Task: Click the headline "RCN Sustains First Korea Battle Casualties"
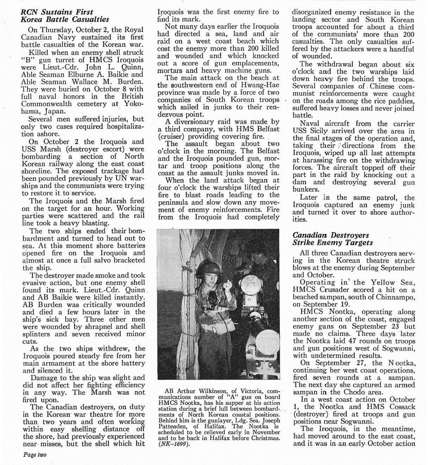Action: [65, 16]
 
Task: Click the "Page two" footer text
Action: [34, 454]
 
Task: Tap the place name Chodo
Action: [358, 392]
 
